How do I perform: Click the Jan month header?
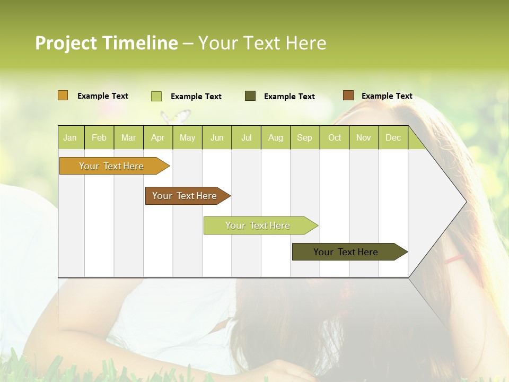pos(70,137)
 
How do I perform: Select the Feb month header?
pos(99,137)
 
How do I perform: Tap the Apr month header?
pos(157,137)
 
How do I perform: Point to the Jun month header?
pos(217,137)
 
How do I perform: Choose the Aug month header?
pos(275,137)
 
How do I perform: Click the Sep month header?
pos(304,137)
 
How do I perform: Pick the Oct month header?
pos(335,137)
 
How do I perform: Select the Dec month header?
pos(393,137)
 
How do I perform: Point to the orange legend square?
pos(63,95)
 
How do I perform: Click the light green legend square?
pos(156,96)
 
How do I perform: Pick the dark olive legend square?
pos(250,96)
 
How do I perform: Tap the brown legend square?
pos(348,95)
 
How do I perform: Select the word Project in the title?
pos(67,43)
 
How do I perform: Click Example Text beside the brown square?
pos(387,96)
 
